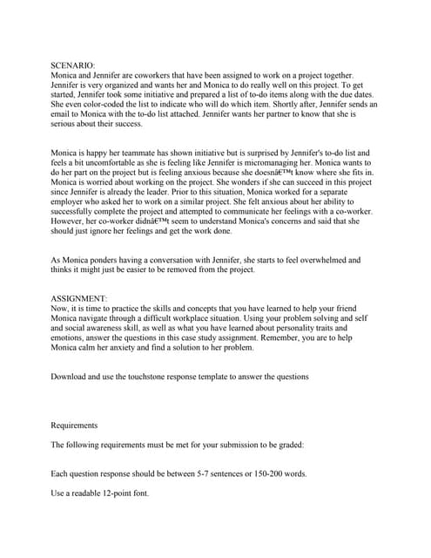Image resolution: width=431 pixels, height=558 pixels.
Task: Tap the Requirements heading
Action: (74, 425)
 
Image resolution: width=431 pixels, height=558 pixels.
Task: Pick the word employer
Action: (75, 205)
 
